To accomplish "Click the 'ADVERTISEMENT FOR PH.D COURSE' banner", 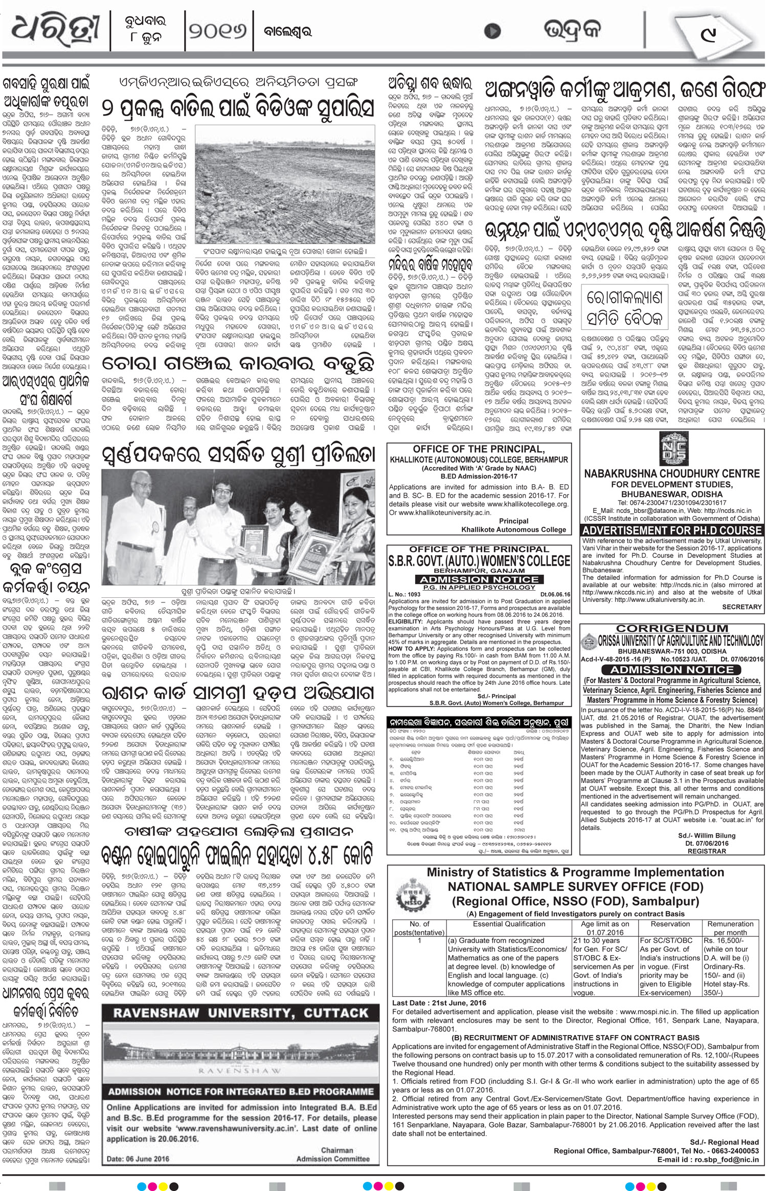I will tap(672, 530).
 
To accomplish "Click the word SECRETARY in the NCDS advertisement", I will tap(741, 606).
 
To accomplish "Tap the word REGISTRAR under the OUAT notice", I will tap(707, 851).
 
